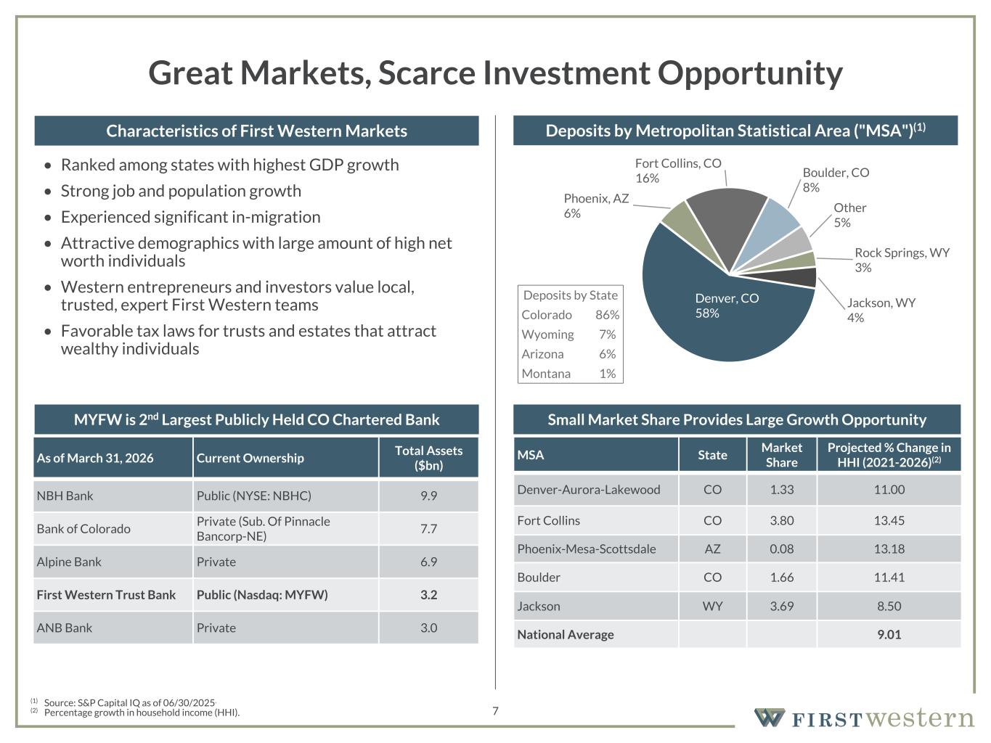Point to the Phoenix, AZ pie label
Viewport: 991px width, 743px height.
(596, 206)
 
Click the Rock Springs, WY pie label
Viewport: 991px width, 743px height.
(902, 260)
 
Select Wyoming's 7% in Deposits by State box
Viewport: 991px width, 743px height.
(607, 334)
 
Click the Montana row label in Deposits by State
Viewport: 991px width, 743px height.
(546, 374)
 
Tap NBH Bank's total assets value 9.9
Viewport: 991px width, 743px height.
(428, 496)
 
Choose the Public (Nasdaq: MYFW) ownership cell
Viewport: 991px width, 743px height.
(262, 594)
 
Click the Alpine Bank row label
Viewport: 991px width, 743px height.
(69, 562)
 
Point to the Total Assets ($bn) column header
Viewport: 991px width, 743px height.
(428, 458)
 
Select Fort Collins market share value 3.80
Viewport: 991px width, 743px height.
(781, 520)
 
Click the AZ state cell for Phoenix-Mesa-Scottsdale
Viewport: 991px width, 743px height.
(712, 549)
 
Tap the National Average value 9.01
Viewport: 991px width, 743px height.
(889, 635)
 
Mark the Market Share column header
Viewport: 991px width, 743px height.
(781, 455)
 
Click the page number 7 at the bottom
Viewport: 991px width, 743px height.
(495, 711)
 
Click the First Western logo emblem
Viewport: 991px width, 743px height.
(770, 718)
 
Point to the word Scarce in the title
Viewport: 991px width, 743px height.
(427, 73)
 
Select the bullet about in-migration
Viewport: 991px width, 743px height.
(190, 217)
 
